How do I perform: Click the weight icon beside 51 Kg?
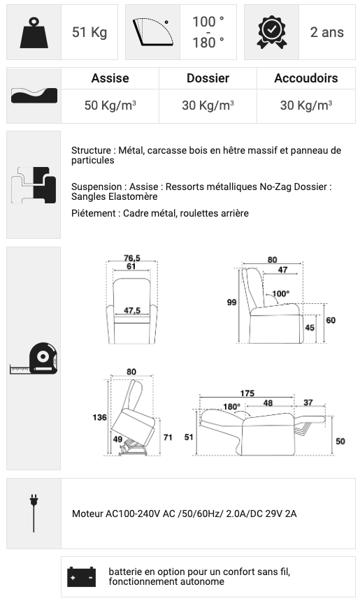pos(34,33)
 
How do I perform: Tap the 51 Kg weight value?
pos(89,32)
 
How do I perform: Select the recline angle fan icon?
pos(152,32)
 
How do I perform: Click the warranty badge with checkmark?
pos(271,32)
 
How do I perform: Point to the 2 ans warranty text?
pos(327,32)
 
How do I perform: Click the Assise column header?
pos(110,78)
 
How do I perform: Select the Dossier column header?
pos(208,78)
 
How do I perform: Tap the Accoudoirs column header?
pos(305,78)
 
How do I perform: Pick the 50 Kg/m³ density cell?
pos(110,105)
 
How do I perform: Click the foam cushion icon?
pos(34,95)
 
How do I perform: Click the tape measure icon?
pos(34,358)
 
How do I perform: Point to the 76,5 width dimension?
pos(132,258)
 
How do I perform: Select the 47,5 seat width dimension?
pos(132,310)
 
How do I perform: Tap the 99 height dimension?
pos(231,303)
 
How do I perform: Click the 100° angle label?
pos(281,293)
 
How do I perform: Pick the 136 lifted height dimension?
pos(100,417)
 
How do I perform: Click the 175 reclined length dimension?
pos(247,393)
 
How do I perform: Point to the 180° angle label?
pos(231,407)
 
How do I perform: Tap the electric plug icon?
pos(34,513)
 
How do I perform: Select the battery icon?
pos(81,577)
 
